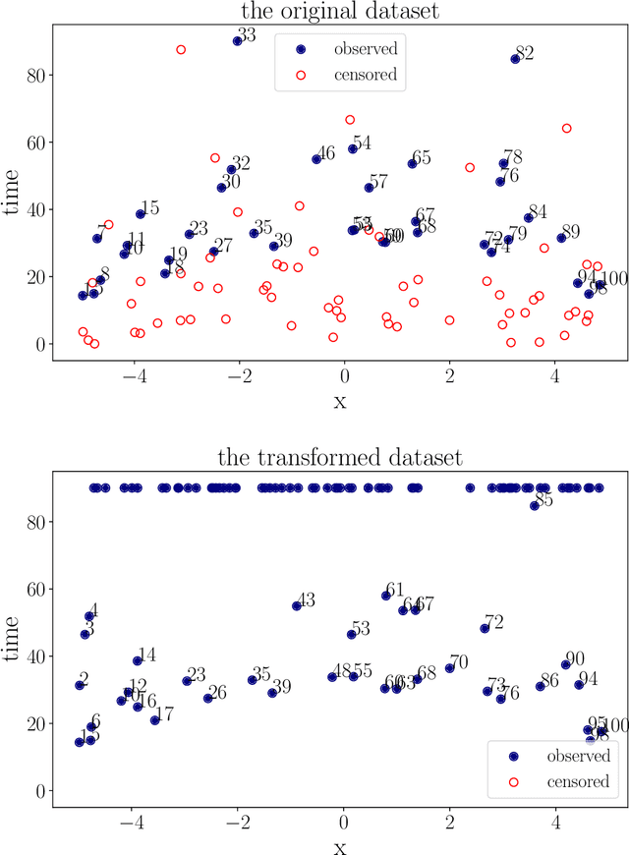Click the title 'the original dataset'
point(339,12)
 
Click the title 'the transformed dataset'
point(339,458)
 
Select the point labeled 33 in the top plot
point(238,41)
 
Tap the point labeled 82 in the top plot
point(515,59)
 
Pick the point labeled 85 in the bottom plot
point(535,506)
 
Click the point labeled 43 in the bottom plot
point(297,606)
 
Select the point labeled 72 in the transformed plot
point(485,628)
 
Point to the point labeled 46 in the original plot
point(316,159)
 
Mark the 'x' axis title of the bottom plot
point(339,844)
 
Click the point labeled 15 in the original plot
point(141,214)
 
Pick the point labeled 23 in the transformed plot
point(187,681)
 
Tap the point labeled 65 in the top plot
point(412,164)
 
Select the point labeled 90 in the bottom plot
point(565,665)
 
